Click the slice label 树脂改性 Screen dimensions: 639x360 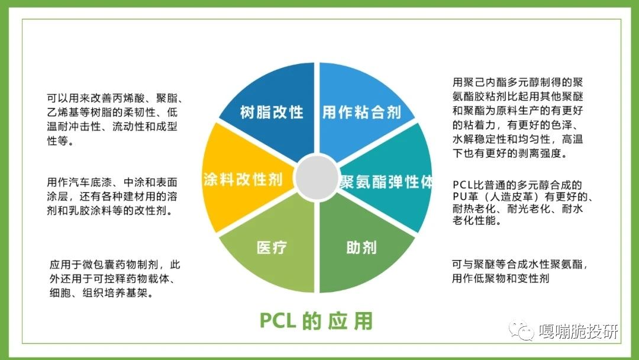pos(272,112)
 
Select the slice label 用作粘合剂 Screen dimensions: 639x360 pos(362,112)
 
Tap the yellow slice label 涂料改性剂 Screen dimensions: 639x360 pos(243,179)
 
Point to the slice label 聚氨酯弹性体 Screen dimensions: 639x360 pos(386,182)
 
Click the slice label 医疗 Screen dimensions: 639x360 pos(272,247)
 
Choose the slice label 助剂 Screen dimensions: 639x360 pos(362,247)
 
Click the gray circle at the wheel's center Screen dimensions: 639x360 pos(317,178)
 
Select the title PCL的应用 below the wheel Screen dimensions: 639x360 pos(316,321)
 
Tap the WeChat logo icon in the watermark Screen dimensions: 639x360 pos(521,330)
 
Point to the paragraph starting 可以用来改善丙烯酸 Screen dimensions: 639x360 pos(115,120)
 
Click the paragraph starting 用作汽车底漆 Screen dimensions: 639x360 pos(112,197)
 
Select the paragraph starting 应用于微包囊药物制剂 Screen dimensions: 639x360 pos(115,279)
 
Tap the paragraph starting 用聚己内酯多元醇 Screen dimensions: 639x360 pos(518,118)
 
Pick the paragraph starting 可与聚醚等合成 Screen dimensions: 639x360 pos(520,271)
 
